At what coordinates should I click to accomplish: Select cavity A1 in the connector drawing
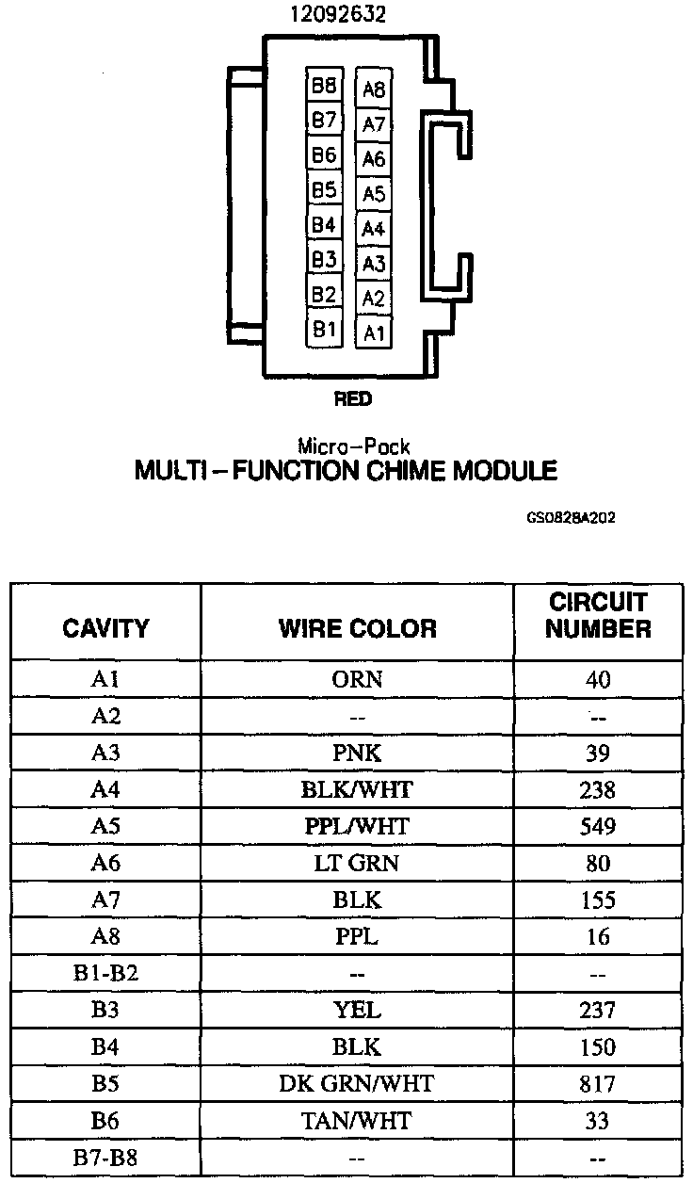(374, 332)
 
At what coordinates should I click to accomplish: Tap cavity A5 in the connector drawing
(374, 194)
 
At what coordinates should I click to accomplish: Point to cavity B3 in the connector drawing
(324, 259)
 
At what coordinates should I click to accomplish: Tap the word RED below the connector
(353, 399)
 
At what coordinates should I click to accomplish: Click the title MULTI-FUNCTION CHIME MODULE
(346, 470)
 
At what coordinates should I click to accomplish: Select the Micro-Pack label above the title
(353, 447)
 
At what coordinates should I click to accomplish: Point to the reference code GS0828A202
(572, 517)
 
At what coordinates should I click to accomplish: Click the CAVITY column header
(105, 628)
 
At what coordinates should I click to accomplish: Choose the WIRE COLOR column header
(357, 628)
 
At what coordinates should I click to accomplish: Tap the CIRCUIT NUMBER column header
(598, 616)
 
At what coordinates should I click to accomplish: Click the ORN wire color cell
(357, 679)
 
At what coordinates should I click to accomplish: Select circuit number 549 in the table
(598, 827)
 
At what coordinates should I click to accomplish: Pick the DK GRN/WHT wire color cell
(357, 1084)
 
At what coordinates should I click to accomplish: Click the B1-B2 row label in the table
(105, 974)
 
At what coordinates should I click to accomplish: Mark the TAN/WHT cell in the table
(357, 1121)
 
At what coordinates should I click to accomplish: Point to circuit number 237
(598, 1011)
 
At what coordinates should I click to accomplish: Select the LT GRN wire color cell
(357, 864)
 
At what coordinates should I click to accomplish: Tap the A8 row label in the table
(105, 937)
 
